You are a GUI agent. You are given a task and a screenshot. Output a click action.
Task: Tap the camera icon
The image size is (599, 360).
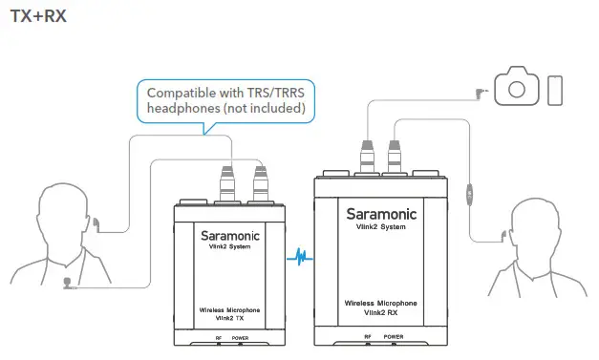click(x=517, y=88)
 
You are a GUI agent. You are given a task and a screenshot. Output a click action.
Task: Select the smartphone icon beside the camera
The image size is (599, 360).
click(x=554, y=88)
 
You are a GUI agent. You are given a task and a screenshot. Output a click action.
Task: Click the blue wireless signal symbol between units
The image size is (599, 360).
click(x=299, y=257)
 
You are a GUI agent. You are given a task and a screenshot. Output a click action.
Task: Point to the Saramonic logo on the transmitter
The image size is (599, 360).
click(x=229, y=232)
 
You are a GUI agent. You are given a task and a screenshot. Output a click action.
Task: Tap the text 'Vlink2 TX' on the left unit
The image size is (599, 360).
click(x=230, y=320)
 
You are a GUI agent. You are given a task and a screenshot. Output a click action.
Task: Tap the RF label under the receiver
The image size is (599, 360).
click(x=368, y=336)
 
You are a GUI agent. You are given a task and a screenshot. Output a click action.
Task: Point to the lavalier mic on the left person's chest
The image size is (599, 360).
click(x=67, y=281)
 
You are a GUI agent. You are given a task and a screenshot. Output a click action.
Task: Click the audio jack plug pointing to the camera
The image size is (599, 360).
click(x=479, y=93)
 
